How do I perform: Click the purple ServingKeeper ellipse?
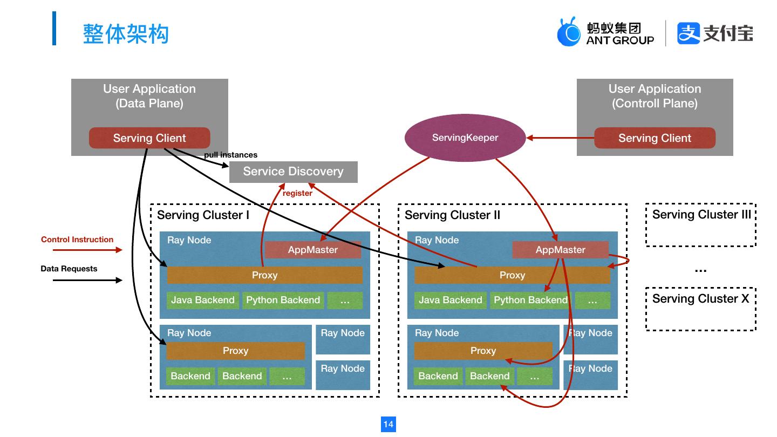(465, 138)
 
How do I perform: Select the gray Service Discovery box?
(293, 172)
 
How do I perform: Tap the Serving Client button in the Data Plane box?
(149, 138)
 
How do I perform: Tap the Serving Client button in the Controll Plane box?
(655, 138)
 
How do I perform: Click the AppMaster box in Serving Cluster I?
(312, 250)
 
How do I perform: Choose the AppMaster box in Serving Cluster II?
(560, 250)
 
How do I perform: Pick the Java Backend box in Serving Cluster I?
(203, 300)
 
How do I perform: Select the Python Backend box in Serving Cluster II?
(530, 300)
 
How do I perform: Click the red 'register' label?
(297, 193)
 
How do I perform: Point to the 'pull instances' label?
(230, 155)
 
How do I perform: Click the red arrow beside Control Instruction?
(87, 250)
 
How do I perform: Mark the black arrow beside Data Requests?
(87, 280)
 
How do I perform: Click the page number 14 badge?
(388, 424)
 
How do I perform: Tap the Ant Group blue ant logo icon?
(569, 32)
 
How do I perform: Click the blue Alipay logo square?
(689, 33)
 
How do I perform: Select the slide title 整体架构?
(126, 33)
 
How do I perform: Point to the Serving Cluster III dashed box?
(700, 225)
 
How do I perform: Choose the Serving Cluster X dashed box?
(700, 309)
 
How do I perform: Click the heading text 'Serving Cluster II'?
(452, 215)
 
